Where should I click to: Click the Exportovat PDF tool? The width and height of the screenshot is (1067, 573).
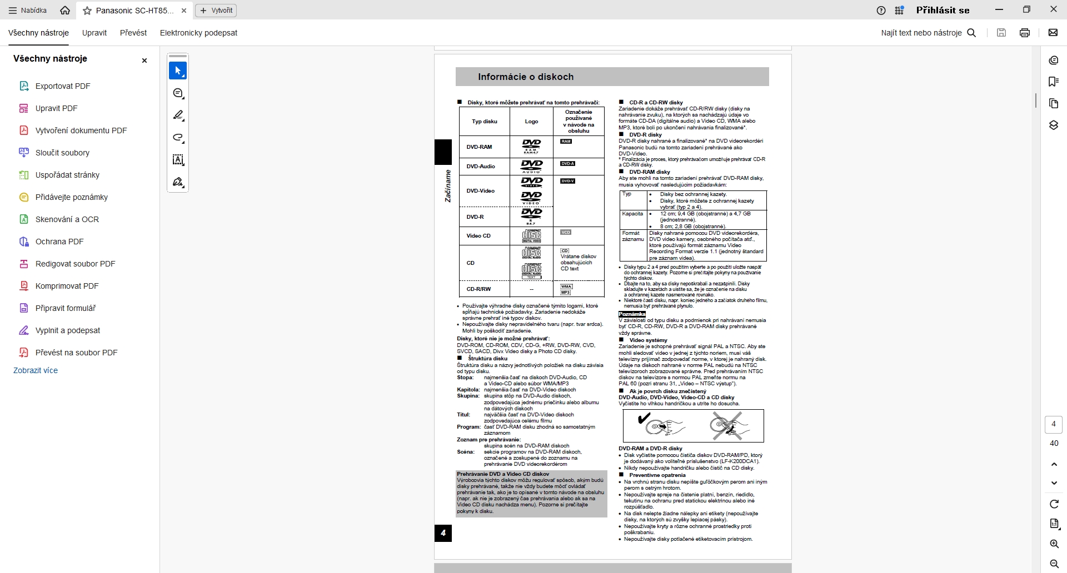[x=62, y=86]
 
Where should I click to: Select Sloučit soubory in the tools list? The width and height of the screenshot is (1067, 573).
[x=62, y=153]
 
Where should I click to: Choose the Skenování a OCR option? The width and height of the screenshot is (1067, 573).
[x=67, y=219]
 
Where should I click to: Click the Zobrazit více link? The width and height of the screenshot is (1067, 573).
[x=36, y=370]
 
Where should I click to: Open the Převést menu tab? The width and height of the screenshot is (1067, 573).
[x=133, y=33]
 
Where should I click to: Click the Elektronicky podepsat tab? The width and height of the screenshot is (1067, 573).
[x=198, y=33]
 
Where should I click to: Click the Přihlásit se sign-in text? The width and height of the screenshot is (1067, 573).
[x=943, y=10]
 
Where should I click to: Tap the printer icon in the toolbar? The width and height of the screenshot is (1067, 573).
[x=1025, y=33]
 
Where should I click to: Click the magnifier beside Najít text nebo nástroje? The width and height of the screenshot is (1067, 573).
[x=972, y=33]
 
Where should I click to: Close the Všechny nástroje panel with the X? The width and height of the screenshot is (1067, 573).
[x=144, y=61]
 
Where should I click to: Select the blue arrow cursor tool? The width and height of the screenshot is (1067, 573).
[x=178, y=71]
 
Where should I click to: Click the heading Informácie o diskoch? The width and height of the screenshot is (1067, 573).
[x=526, y=77]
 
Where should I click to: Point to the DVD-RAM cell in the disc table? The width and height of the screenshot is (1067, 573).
[x=479, y=147]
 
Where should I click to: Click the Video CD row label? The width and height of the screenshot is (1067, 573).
[x=478, y=236]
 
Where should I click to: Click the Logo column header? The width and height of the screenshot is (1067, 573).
[x=531, y=122]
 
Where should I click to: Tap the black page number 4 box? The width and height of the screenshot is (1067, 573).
[x=443, y=533]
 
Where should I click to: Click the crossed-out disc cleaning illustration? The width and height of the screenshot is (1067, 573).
[x=729, y=426]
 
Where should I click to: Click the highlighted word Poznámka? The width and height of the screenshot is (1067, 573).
[x=632, y=314]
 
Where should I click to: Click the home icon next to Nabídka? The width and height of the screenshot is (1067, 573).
[x=65, y=10]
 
